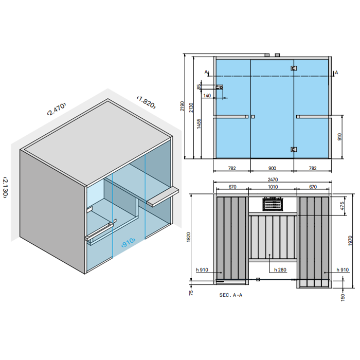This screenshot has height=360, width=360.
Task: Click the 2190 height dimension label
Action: coord(182,106)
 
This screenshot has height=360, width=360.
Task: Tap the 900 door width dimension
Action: coord(272,168)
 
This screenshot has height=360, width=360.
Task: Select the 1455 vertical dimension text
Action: coord(199,123)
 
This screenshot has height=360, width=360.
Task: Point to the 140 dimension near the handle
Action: coord(207,96)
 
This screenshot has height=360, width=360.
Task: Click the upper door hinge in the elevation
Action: coord(294,68)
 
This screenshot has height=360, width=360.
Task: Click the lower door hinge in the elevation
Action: coord(294,150)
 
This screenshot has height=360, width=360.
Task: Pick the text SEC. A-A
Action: coord(231,295)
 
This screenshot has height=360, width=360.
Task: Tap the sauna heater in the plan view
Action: coord(273,204)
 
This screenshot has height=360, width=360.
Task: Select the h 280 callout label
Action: coord(280,270)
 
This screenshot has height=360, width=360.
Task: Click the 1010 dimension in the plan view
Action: coord(273,187)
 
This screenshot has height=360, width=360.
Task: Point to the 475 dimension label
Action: coord(342,206)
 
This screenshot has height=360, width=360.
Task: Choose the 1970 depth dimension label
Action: coord(350,241)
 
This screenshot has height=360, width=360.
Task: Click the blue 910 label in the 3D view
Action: coord(129,242)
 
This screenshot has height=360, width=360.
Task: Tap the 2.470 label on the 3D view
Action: coord(56,109)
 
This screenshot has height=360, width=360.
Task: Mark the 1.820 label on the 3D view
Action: coord(147,102)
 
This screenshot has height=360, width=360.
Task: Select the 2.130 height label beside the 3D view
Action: coord(6,187)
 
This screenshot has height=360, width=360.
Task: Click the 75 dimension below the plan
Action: coord(191,293)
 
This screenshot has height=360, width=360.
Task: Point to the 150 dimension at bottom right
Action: coord(343,297)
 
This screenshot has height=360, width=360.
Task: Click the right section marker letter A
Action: coord(336,73)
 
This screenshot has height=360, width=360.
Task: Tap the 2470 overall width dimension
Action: coord(273,179)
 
